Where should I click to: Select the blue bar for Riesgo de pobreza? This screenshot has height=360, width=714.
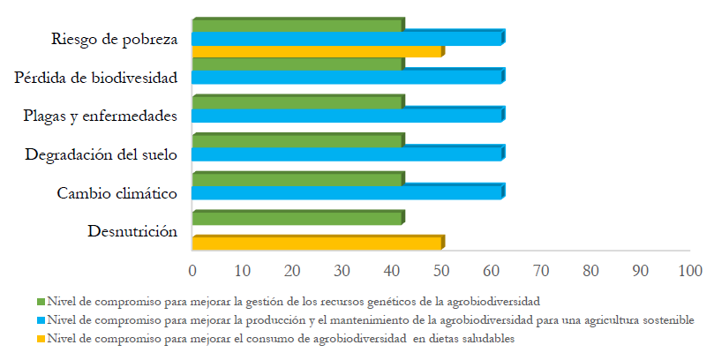(x=346, y=38)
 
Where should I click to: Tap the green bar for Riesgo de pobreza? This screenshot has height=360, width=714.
(x=297, y=25)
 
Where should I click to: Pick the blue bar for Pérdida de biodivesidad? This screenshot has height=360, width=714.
(x=346, y=77)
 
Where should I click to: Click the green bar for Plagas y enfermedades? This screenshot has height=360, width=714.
(x=297, y=102)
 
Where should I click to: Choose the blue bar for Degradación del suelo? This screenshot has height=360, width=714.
(x=346, y=154)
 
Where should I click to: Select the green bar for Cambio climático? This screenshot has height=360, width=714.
(x=297, y=180)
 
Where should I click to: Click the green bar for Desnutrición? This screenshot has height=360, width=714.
(x=297, y=219)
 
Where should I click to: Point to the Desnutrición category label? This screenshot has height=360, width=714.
(x=133, y=232)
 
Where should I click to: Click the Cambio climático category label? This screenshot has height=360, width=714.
(x=117, y=193)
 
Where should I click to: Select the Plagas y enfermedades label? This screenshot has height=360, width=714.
(x=101, y=116)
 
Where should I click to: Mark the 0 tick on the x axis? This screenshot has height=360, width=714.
(x=192, y=269)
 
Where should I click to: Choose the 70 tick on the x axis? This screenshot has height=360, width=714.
(x=540, y=269)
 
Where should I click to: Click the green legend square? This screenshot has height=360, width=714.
(x=41, y=301)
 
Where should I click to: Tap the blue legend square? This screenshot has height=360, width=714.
(x=41, y=319)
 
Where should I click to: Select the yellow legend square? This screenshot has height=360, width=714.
(x=41, y=338)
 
